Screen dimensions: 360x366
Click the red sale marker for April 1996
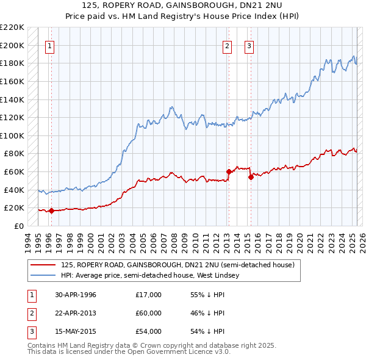pos(51,211)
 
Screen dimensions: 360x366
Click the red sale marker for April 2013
pos(229,172)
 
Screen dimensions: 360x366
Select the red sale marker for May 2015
pos(251,178)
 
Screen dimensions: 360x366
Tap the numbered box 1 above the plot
pos(49,45)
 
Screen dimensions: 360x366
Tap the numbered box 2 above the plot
pos(227,45)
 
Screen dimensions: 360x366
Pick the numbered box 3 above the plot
pos(249,45)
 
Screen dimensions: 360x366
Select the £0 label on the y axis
pos(20,226)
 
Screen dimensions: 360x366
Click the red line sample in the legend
pos(43,265)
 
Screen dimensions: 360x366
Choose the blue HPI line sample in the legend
pos(43,276)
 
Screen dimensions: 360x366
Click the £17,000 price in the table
pos(148,295)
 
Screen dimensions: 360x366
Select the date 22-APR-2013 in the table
pos(76,313)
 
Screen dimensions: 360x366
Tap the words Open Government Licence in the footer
pos(174,352)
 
